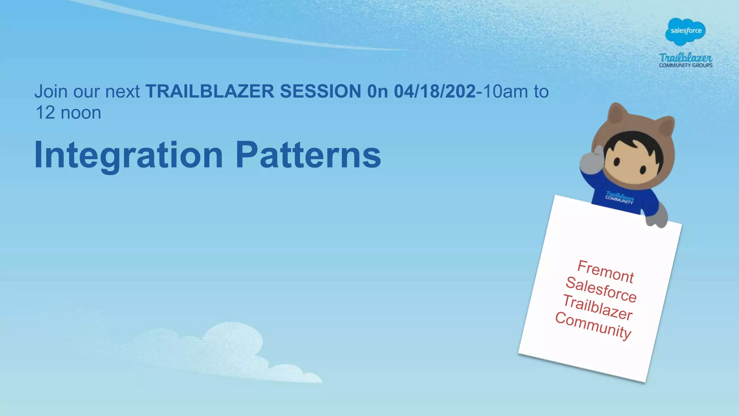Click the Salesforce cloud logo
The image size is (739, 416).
[685, 31]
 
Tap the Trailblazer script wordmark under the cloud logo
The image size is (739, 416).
[685, 57]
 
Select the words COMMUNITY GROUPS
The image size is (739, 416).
[686, 65]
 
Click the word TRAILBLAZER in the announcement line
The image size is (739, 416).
[210, 91]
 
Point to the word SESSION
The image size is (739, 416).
[320, 91]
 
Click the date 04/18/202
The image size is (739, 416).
[434, 91]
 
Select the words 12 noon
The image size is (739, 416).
[68, 113]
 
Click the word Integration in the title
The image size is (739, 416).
[128, 156]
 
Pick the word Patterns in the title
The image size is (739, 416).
[308, 156]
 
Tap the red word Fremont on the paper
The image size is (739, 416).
[605, 272]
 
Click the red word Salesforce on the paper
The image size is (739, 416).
[601, 289]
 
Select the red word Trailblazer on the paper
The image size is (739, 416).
[598, 307]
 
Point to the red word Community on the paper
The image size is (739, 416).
[593, 325]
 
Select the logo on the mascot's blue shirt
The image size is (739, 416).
[619, 198]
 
